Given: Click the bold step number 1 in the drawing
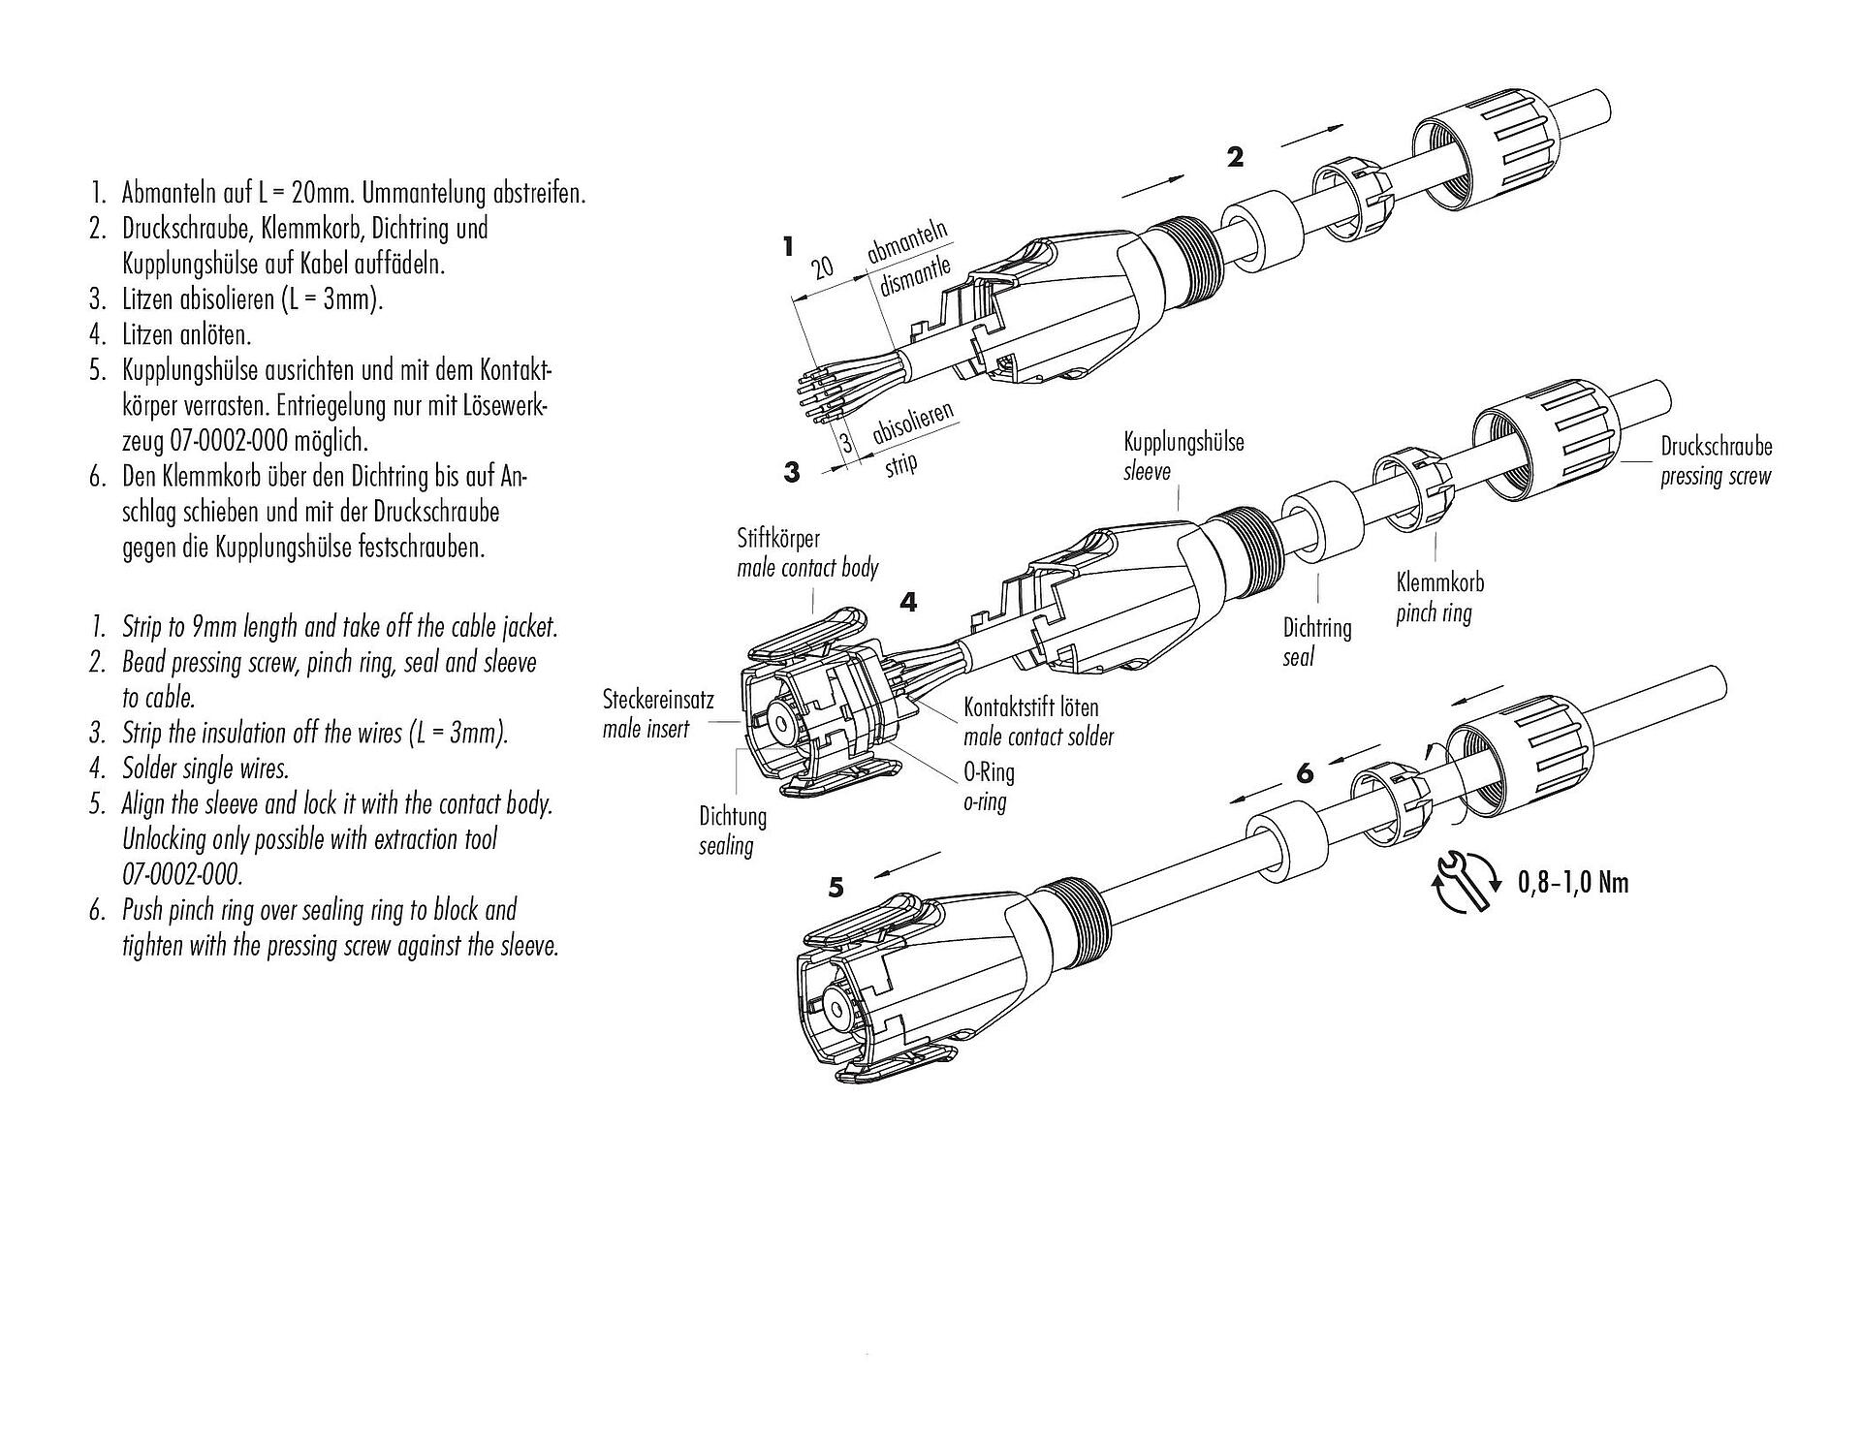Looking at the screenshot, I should [x=788, y=247].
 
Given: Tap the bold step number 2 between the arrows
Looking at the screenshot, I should [x=1235, y=157].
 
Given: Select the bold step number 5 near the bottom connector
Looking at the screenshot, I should [x=836, y=887].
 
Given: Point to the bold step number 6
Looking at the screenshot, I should [x=1305, y=773].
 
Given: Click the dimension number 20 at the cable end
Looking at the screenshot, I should [x=822, y=267].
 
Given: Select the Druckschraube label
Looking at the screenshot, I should [x=1716, y=447].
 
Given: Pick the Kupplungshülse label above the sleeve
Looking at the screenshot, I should [x=1183, y=442].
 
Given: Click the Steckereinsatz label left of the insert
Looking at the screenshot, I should [x=657, y=698].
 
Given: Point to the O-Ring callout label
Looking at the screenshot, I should [x=988, y=772].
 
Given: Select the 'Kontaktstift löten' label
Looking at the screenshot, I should [x=1031, y=707].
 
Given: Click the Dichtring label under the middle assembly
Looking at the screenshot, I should [x=1316, y=627].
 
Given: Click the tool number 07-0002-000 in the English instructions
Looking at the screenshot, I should [x=181, y=874].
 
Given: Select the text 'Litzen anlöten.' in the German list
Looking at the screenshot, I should [x=186, y=335].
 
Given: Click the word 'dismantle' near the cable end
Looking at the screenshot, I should [x=916, y=276].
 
